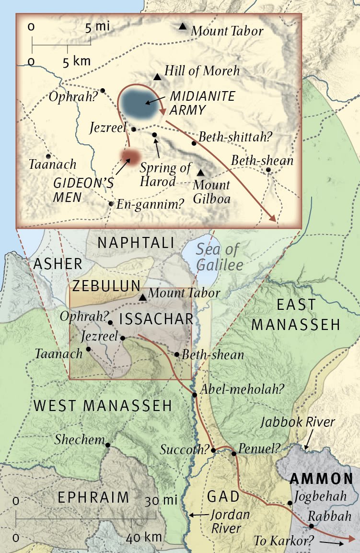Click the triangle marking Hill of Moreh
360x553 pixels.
tap(157, 77)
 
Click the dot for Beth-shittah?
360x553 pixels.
tap(194, 143)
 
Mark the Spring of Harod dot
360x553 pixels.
tap(154, 135)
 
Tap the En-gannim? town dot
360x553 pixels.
tap(111, 203)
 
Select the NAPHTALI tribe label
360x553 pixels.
tap(135, 243)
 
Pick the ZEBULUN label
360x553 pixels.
tap(107, 286)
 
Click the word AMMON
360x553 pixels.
tap(321, 479)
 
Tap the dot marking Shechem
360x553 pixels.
tap(108, 445)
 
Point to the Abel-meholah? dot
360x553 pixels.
tap(195, 395)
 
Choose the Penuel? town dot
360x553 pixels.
tap(233, 453)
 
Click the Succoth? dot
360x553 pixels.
tap(213, 450)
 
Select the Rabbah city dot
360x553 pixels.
tap(311, 526)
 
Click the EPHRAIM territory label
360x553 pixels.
tap(93, 497)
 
